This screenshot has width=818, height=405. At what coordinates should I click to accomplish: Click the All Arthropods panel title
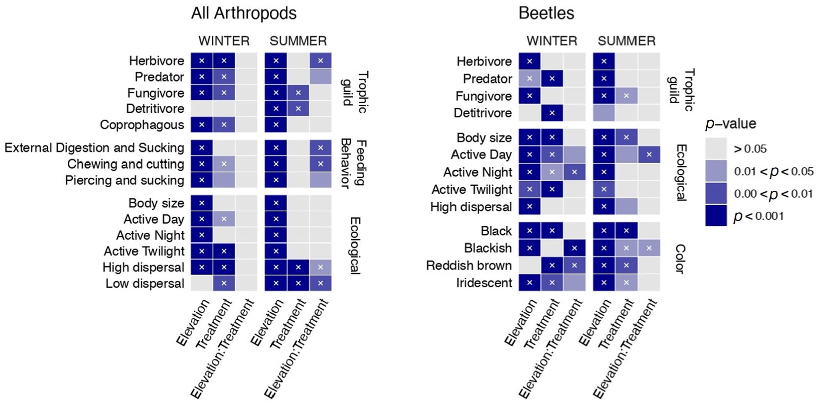244,14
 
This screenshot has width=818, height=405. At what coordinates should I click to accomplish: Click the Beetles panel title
546,14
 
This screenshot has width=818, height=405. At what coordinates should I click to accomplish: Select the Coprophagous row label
142,125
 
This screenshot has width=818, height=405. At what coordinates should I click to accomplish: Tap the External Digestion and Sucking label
94,148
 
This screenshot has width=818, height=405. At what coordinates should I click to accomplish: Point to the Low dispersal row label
145,283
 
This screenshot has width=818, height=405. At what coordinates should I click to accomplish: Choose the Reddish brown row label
469,265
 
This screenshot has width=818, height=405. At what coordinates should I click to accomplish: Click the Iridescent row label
484,282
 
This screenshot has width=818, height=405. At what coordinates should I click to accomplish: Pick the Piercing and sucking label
125,180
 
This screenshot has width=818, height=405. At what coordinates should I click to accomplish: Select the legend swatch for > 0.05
716,149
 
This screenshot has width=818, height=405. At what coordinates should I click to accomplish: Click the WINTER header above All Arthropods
224,41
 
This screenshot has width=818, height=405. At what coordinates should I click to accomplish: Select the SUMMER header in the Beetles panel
626,41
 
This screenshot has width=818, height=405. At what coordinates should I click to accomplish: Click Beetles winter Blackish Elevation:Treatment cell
574,248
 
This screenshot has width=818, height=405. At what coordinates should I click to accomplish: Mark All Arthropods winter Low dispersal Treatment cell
224,283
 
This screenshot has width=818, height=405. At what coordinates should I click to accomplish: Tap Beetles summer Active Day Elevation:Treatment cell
649,155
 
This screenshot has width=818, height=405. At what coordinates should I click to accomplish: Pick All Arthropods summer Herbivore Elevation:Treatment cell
320,61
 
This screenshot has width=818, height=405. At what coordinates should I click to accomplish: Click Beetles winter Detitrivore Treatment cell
552,113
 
